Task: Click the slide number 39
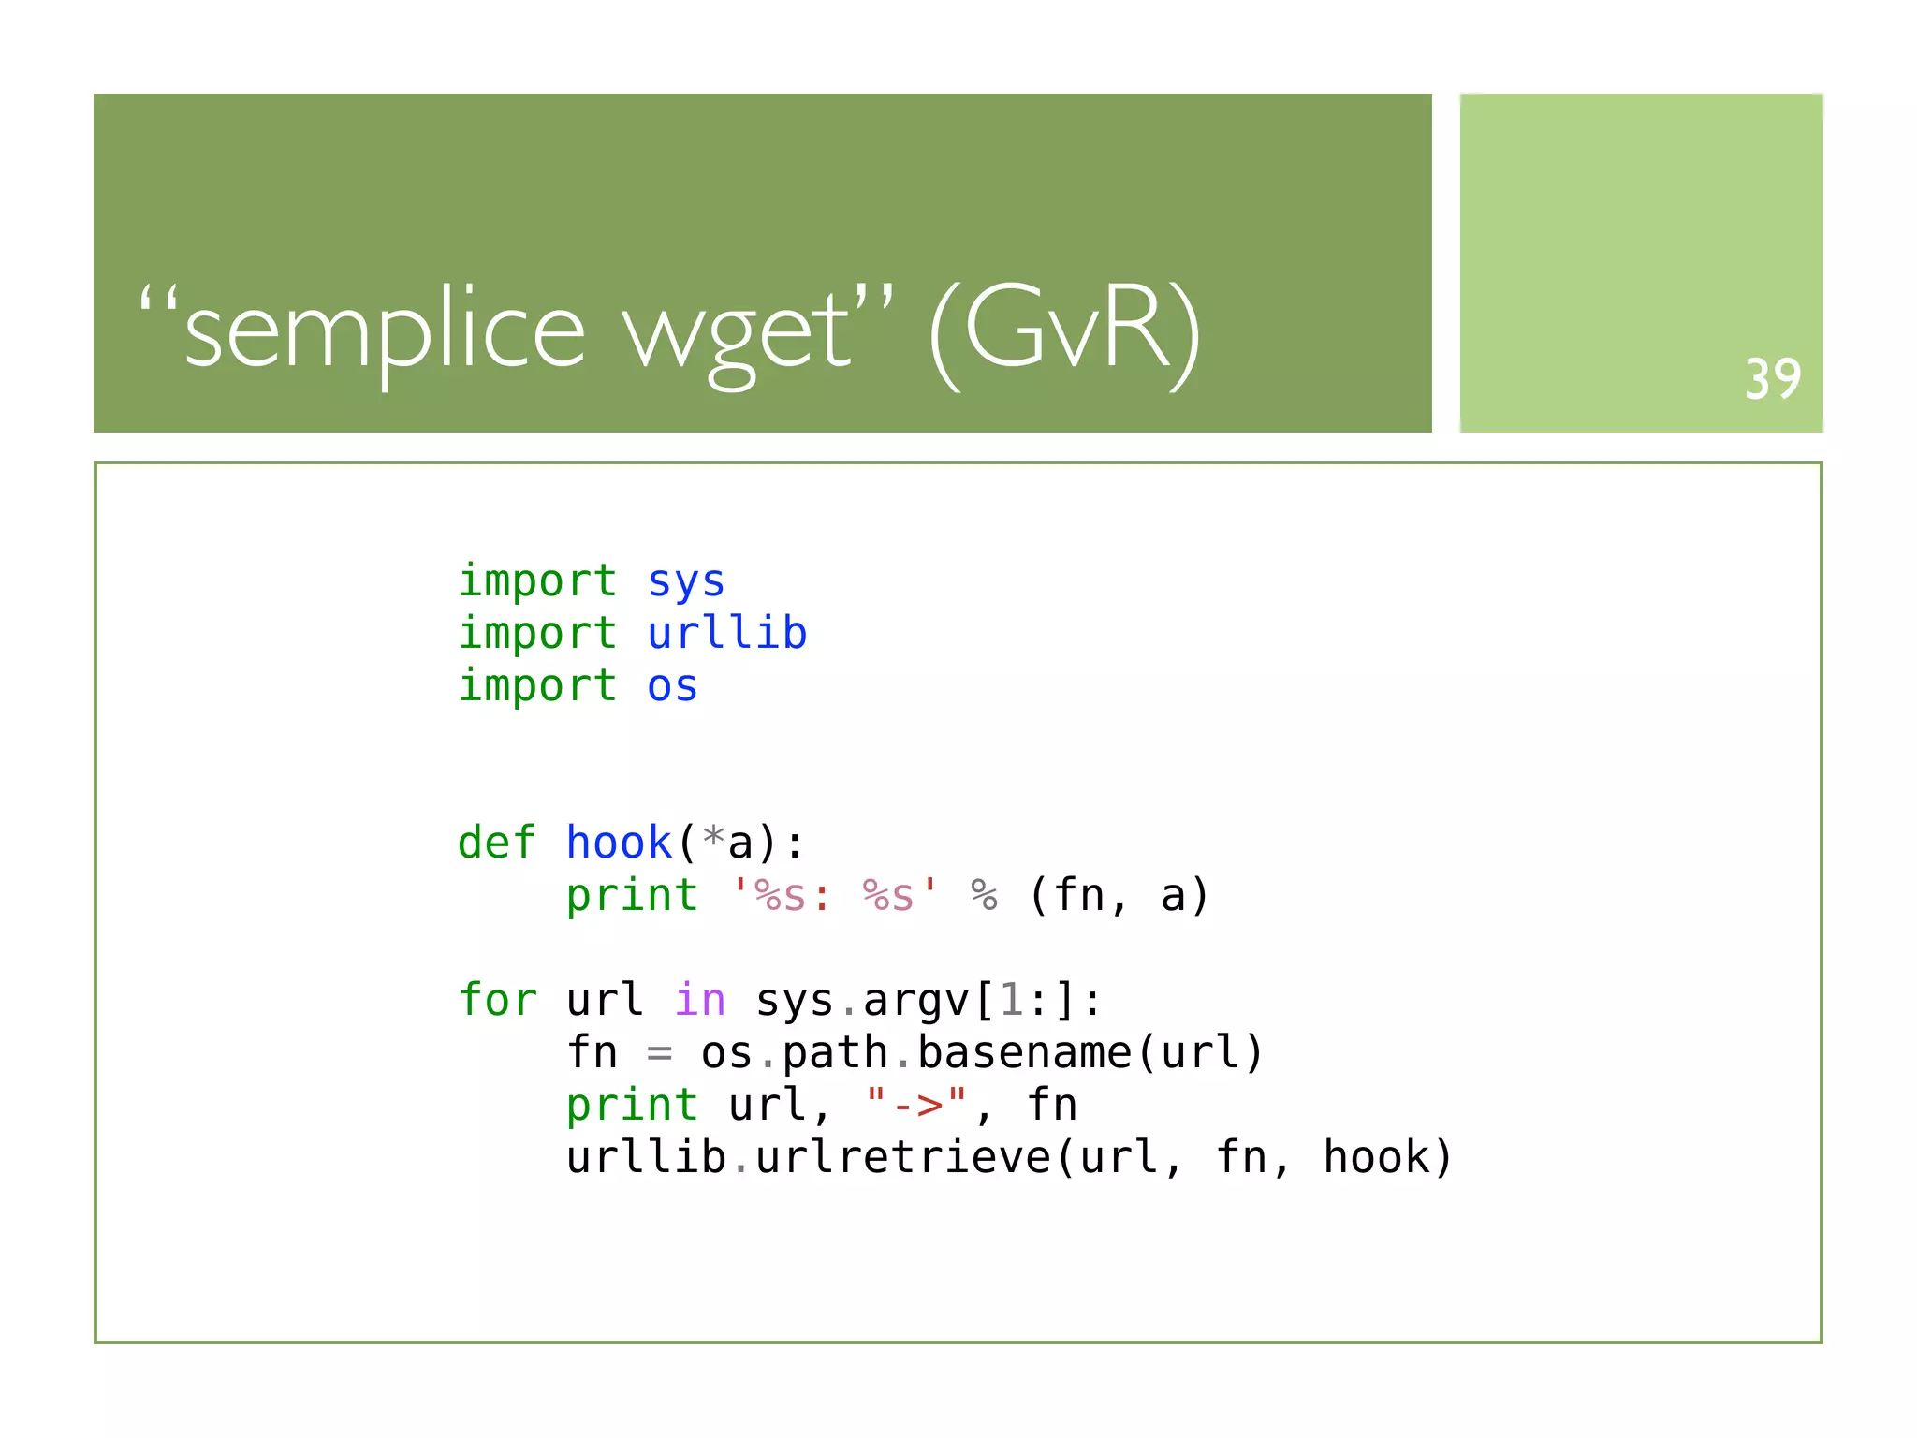click(1772, 379)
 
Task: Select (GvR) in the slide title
click(1065, 331)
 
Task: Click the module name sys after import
click(686, 581)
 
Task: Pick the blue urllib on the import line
click(727, 634)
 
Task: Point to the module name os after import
click(672, 686)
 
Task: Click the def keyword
click(497, 843)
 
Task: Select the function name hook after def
click(620, 843)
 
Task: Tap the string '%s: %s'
click(835, 895)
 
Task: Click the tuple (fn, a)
click(1119, 895)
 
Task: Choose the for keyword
click(497, 1000)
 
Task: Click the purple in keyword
click(700, 1000)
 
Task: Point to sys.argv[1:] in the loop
click(929, 1000)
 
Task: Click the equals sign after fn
click(659, 1053)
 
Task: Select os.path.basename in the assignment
click(915, 1053)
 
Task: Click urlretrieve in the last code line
click(903, 1158)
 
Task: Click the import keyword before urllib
click(537, 634)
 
